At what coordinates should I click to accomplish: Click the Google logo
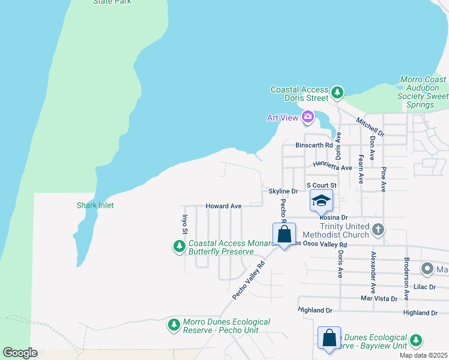coord(20,353)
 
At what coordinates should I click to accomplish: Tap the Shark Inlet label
coord(95,205)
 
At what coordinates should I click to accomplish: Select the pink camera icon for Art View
coord(308,117)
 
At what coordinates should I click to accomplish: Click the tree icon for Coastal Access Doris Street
coord(337,92)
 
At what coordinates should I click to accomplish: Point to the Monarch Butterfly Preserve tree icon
coord(179,247)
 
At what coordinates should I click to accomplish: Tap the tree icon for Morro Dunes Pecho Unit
coord(174,325)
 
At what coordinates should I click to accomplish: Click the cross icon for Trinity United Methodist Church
coord(378,229)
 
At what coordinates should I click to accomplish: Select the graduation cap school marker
coord(321,200)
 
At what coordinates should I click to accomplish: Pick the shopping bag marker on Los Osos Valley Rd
coord(284,235)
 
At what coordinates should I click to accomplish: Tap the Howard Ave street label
coord(223,206)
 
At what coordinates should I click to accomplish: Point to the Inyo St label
coord(185,222)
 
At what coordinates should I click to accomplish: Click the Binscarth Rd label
coord(314,145)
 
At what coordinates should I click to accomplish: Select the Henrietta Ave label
coord(332,167)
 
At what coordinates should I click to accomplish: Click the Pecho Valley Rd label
coord(249,281)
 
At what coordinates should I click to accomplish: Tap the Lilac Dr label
coord(424,287)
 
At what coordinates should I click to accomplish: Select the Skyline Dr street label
coord(283,191)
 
